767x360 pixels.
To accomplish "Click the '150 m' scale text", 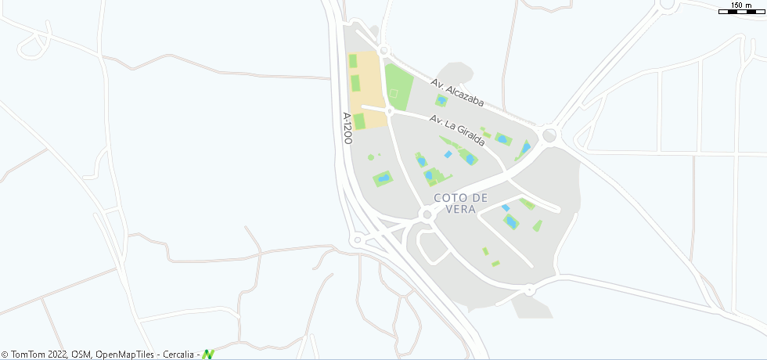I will [741, 5].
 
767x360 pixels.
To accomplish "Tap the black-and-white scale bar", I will [742, 12].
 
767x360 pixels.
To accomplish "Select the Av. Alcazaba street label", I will [458, 92].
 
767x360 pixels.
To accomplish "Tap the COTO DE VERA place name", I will [460, 203].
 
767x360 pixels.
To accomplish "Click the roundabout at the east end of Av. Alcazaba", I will [549, 135].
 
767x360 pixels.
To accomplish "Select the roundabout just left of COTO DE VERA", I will [427, 214].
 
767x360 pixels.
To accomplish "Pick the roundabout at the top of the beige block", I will [383, 52].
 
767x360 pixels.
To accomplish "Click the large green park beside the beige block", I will [398, 87].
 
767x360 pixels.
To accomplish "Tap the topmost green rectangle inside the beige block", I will [353, 60].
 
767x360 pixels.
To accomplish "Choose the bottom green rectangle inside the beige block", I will [359, 121].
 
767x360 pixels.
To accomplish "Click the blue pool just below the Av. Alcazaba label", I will [442, 101].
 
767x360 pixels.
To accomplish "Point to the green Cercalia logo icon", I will [208, 355].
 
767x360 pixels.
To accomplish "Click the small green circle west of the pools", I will [371, 157].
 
